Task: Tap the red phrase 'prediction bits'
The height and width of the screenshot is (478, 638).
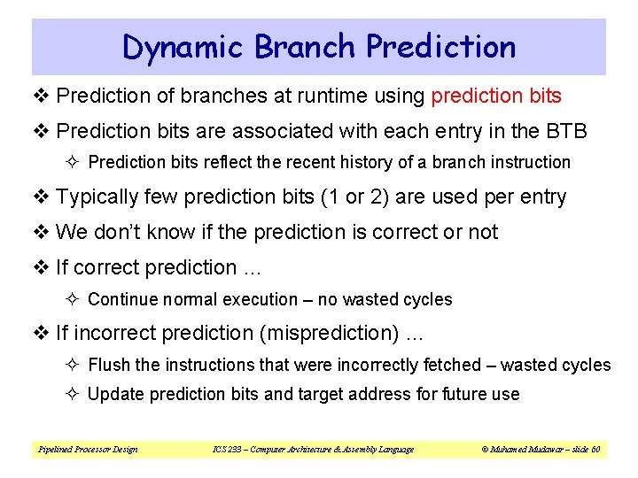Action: pyautogui.click(x=496, y=96)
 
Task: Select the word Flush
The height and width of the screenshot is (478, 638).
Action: pyautogui.click(x=110, y=365)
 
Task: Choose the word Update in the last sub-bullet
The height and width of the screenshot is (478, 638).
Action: pyautogui.click(x=116, y=394)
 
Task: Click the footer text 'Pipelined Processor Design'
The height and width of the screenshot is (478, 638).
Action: pyautogui.click(x=88, y=450)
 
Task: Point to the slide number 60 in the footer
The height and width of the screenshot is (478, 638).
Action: pyautogui.click(x=596, y=450)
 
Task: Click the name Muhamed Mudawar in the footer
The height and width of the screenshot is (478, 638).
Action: pyautogui.click(x=518, y=450)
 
